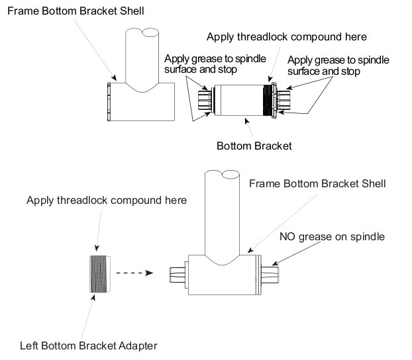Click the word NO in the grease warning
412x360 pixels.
[x=288, y=236]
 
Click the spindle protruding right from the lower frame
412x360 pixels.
[x=272, y=273]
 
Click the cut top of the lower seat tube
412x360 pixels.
[x=223, y=173]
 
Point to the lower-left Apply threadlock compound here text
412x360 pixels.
[x=107, y=199]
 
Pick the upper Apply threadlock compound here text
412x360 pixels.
[x=287, y=36]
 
